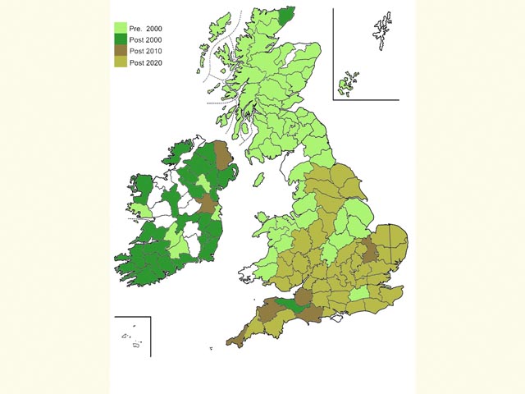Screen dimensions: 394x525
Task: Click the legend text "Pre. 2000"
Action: [145, 29]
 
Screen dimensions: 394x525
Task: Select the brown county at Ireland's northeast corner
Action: [222, 154]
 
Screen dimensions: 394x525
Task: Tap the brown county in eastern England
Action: [370, 249]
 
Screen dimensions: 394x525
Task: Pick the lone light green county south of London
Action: [360, 294]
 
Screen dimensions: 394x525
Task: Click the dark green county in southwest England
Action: [287, 305]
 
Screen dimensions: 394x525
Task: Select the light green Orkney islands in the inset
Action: [349, 83]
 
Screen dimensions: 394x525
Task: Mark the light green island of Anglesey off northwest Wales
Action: [262, 219]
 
